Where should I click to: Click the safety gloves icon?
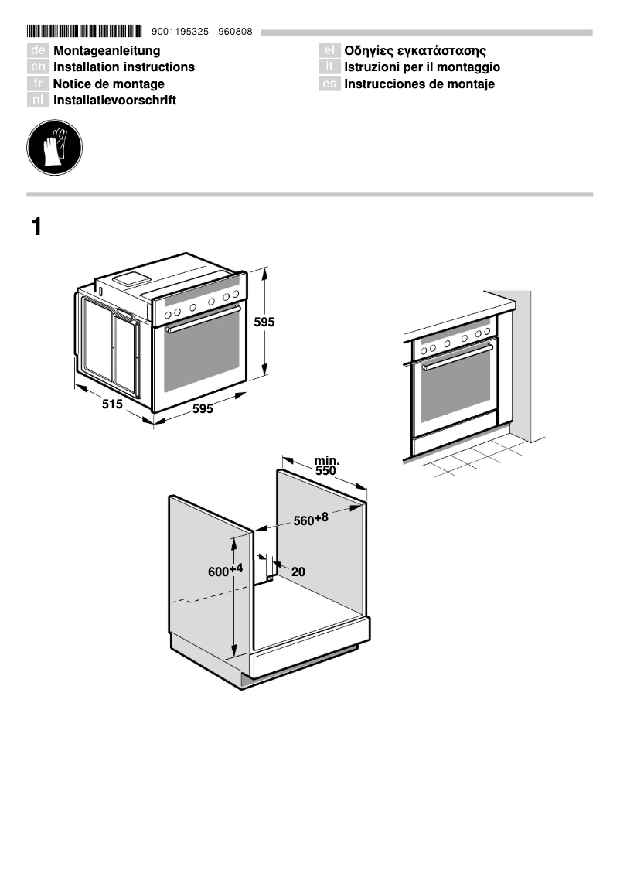tap(54, 147)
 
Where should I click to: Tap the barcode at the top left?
tap(84, 32)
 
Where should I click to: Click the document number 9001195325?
tap(175, 32)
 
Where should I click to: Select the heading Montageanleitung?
tap(107, 51)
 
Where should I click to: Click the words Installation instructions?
tap(124, 67)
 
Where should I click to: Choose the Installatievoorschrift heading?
tap(114, 101)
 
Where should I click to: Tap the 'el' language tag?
tap(329, 51)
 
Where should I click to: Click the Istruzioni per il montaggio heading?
tap(422, 67)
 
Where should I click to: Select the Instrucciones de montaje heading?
tap(419, 84)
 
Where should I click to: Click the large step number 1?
tap(36, 227)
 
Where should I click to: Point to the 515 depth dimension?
tap(113, 404)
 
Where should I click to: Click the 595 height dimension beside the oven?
tap(264, 322)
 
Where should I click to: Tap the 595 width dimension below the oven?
tap(203, 408)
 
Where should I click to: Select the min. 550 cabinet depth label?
tap(326, 466)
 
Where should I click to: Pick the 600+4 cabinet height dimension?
tap(225, 571)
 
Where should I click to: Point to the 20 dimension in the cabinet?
tap(298, 572)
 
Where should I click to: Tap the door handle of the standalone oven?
tap(203, 318)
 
